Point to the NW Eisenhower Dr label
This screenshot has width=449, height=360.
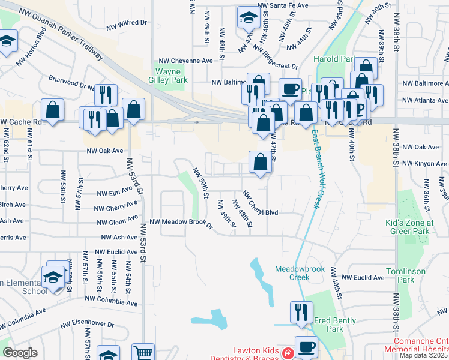(87, 324)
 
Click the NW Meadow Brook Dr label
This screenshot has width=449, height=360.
(181, 223)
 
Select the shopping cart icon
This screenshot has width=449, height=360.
(143, 353)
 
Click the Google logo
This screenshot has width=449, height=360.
(20, 353)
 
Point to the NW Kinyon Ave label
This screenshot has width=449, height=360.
(423, 163)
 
